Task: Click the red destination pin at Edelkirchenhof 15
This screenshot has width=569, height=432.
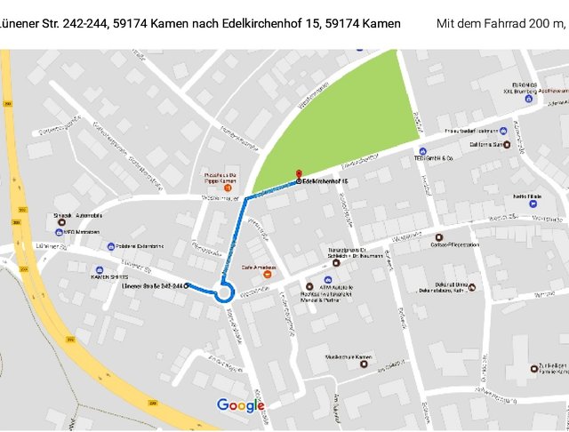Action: click(298, 175)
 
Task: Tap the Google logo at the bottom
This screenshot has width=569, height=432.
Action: click(241, 406)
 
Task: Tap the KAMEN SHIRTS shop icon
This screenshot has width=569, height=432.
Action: click(100, 269)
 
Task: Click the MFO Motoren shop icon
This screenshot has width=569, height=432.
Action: click(57, 232)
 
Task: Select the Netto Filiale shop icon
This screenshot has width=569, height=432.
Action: click(532, 204)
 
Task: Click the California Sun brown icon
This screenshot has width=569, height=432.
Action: click(506, 145)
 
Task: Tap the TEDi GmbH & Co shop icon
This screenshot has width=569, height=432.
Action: click(422, 151)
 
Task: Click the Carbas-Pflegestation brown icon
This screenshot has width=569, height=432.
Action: click(437, 238)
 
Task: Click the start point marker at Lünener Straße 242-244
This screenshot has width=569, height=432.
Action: click(188, 285)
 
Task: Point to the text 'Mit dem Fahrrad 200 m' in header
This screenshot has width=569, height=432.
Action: click(501, 23)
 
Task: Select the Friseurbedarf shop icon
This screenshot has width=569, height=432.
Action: click(503, 131)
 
